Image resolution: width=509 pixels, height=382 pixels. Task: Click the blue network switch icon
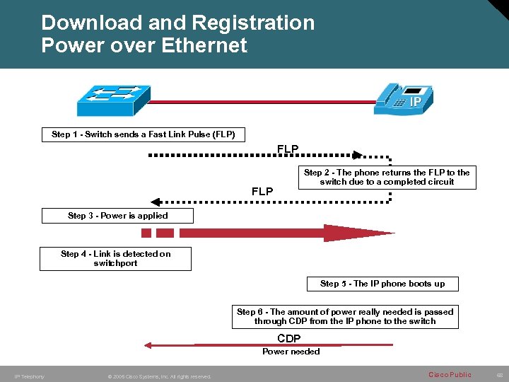click(x=112, y=100)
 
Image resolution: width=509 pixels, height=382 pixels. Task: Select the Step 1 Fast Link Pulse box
click(x=144, y=134)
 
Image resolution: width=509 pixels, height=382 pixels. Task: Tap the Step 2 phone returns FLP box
click(x=387, y=177)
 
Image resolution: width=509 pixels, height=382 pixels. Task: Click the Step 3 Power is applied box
click(x=117, y=216)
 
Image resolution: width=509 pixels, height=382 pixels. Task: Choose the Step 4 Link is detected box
click(x=115, y=258)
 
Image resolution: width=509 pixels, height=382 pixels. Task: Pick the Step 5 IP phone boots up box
click(x=382, y=284)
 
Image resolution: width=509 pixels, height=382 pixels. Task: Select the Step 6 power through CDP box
click(x=346, y=316)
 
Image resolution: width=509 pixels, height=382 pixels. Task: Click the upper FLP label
click(x=288, y=149)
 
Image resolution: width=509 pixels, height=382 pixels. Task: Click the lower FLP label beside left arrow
click(x=262, y=192)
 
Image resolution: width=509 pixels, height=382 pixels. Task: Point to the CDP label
click(x=289, y=339)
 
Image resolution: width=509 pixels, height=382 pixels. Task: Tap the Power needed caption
click(x=291, y=352)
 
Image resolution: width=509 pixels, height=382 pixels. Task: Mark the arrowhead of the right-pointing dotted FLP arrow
click(x=357, y=154)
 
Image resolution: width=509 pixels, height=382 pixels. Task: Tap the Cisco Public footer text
click(x=450, y=374)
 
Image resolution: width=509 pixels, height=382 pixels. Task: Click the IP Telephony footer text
click(x=30, y=376)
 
